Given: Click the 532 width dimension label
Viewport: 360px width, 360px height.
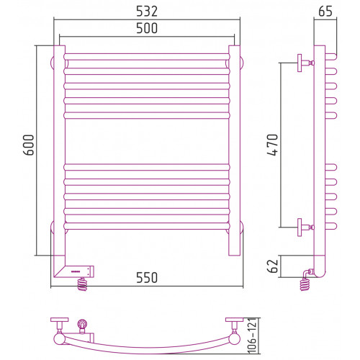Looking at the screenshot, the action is pyautogui.click(x=147, y=12).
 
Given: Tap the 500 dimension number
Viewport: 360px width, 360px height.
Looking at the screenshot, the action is pyautogui.click(x=147, y=28).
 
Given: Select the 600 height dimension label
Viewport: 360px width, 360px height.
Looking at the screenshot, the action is pyautogui.click(x=29, y=145).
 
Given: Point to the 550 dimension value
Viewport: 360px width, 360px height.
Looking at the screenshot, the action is pyautogui.click(x=147, y=278).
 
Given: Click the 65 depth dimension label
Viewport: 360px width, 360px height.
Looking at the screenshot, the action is pyautogui.click(x=325, y=12).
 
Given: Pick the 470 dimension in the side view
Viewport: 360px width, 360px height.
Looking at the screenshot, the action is pyautogui.click(x=272, y=145).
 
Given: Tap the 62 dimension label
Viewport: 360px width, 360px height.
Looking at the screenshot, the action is pyautogui.click(x=272, y=266).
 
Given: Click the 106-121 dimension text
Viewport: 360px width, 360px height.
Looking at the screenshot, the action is pyautogui.click(x=252, y=336).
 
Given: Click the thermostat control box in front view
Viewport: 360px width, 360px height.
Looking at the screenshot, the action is pyautogui.click(x=79, y=271).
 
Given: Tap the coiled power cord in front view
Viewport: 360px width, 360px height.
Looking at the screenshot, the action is pyautogui.click(x=82, y=284).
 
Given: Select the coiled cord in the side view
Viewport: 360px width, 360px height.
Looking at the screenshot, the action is pyautogui.click(x=305, y=284).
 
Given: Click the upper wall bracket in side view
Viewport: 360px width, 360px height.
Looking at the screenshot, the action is pyautogui.click(x=305, y=63).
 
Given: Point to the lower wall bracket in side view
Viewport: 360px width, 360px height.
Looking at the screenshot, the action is pyautogui.click(x=305, y=228).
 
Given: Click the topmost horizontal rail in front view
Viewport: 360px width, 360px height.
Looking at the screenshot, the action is pyautogui.click(x=147, y=57).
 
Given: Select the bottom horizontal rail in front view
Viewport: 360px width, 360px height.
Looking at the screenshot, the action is pyautogui.click(x=147, y=226).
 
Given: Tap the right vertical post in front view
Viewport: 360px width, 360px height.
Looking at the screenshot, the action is pyautogui.click(x=235, y=150).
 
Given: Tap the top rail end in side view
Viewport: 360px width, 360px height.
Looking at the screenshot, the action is pyautogui.click(x=331, y=57).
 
